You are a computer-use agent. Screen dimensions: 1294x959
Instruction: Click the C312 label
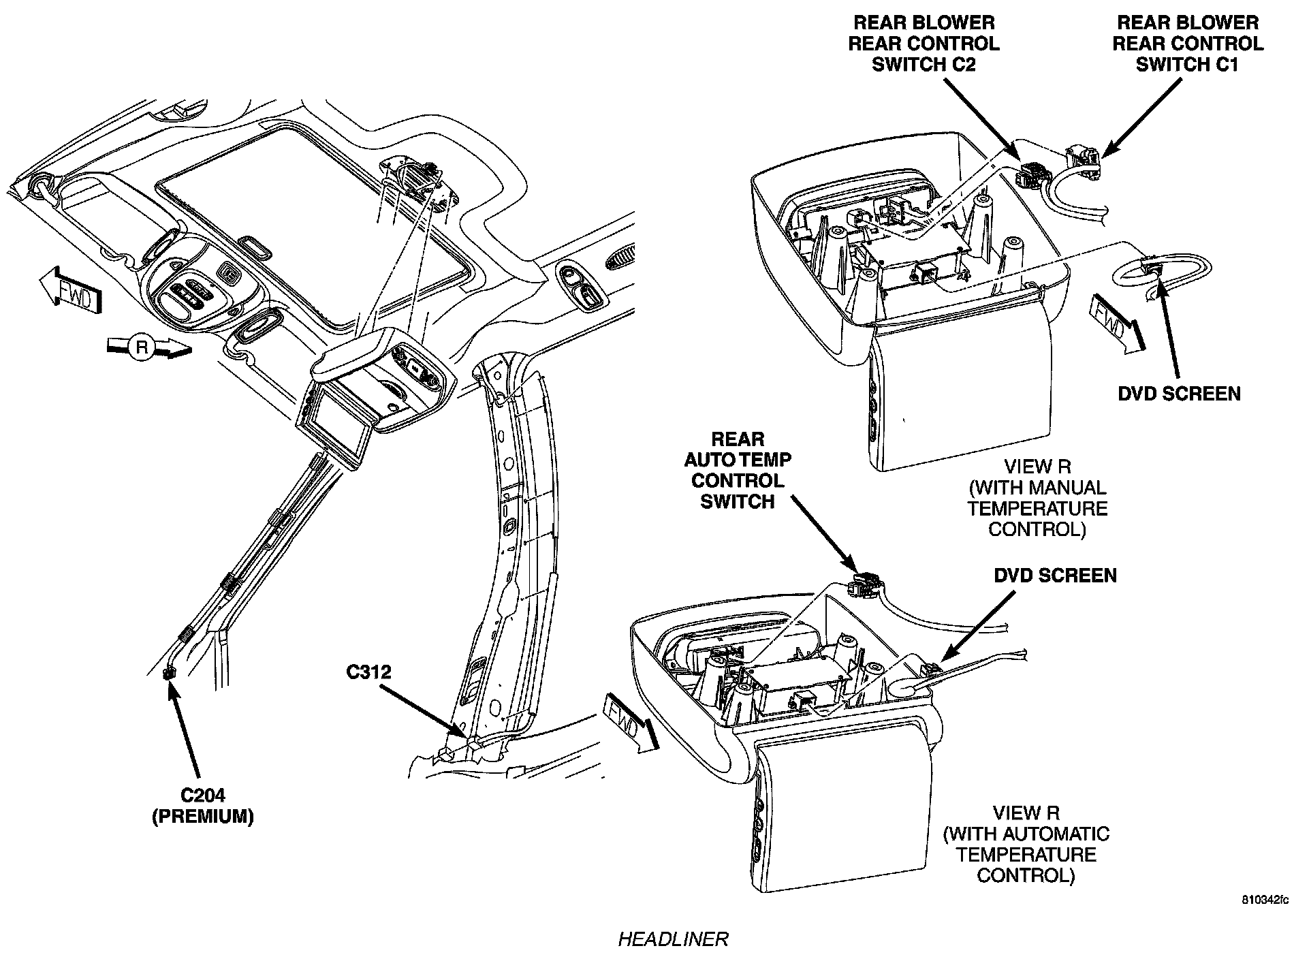click(368, 672)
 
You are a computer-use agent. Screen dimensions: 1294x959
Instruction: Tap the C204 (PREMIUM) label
click(202, 806)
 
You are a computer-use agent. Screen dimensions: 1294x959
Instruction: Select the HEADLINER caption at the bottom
click(673, 939)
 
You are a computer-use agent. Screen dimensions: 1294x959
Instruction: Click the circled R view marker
click(142, 347)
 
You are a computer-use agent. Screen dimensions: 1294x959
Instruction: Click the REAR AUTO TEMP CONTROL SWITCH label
click(738, 470)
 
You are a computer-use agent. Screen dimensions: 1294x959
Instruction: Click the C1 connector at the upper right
click(1083, 159)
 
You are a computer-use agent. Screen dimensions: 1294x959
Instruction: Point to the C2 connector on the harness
click(1026, 174)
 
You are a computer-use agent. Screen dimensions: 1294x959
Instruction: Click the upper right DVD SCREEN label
click(1179, 393)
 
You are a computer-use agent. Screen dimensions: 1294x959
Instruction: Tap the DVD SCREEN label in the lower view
click(1055, 576)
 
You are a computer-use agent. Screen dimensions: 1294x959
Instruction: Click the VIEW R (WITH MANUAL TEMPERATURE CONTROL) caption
click(1037, 498)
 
